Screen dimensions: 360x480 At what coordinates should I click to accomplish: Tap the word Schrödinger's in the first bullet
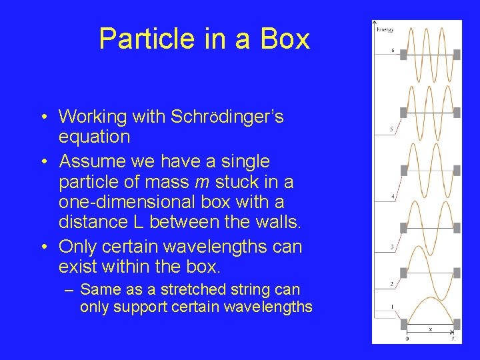227,117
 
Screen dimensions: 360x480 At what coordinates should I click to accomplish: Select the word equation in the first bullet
94,137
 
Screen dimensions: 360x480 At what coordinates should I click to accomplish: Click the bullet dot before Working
43,117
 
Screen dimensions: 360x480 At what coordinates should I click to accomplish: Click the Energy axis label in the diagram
385,30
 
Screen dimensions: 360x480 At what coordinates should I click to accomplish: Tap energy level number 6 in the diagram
393,51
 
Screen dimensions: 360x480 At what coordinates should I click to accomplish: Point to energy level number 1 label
392,307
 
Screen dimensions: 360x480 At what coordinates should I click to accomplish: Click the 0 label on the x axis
407,339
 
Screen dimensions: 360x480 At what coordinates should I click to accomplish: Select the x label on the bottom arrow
429,328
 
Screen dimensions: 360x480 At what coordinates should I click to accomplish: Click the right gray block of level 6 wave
457,54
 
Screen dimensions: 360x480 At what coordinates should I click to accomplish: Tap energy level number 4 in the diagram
392,197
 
